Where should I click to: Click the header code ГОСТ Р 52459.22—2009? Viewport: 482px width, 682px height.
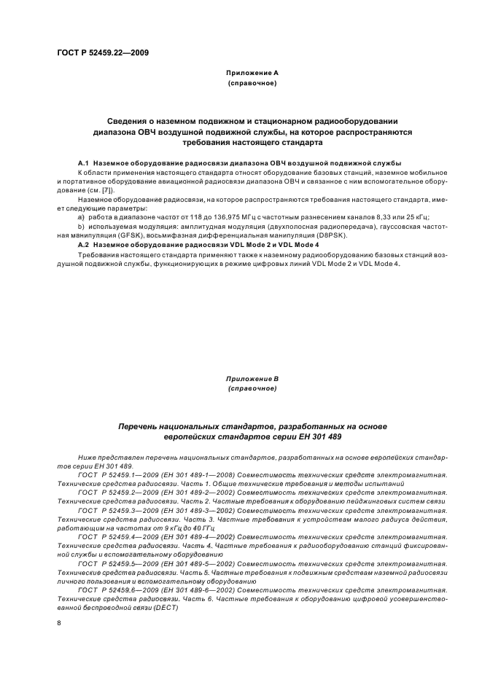pyautogui.click(x=104, y=53)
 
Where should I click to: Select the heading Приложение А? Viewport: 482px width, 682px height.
pyautogui.click(x=252, y=73)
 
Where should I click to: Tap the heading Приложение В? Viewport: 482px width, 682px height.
pyautogui.click(x=252, y=379)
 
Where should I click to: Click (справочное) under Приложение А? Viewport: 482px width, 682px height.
pyautogui.click(x=252, y=83)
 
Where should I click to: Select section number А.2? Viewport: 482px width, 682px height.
pyautogui.click(x=82, y=245)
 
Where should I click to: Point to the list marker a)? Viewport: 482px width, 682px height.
pyautogui.click(x=80, y=217)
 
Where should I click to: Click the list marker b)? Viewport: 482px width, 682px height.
pyautogui.click(x=80, y=227)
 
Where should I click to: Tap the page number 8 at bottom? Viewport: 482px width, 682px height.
pyautogui.click(x=60, y=623)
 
